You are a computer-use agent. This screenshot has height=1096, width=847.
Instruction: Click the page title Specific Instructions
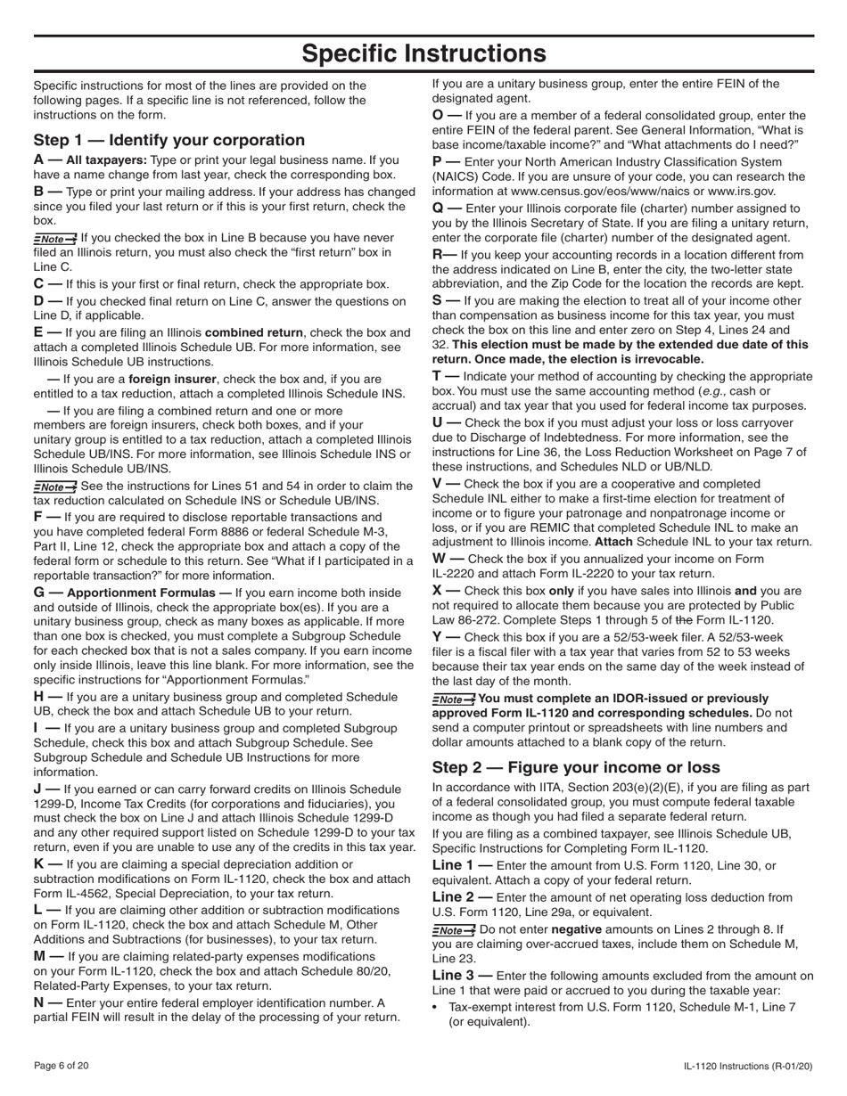(x=423, y=53)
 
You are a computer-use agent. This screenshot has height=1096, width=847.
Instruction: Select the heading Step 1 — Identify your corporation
(x=169, y=140)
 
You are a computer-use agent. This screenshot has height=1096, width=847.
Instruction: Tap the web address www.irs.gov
(x=742, y=191)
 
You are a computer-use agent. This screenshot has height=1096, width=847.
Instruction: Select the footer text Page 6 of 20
(x=62, y=1066)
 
